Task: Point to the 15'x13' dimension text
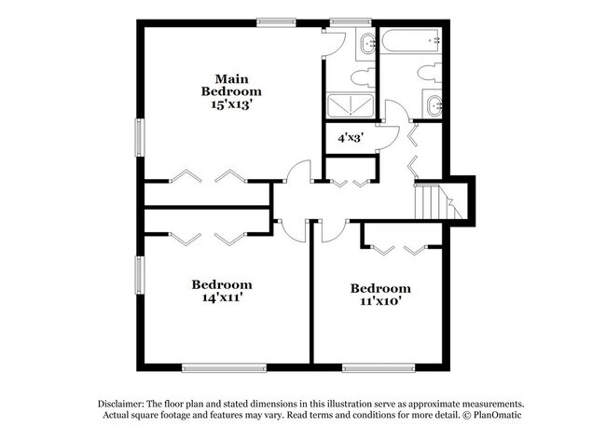tap(231, 105)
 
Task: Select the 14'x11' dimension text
tap(222, 297)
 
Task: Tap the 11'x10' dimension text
tap(379, 302)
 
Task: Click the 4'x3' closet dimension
tap(350, 137)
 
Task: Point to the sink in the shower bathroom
tap(366, 41)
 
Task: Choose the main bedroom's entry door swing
tap(297, 173)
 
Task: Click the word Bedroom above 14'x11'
tap(222, 283)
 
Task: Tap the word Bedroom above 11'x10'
tap(379, 288)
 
